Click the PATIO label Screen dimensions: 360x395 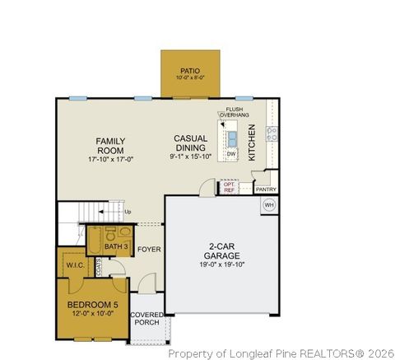[190, 72]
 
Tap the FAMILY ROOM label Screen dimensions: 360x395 [109, 146]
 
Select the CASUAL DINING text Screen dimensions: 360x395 [190, 143]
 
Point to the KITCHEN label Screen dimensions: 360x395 [253, 142]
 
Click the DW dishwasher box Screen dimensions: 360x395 [231, 154]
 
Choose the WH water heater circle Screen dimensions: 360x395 [268, 204]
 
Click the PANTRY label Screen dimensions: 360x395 [266, 189]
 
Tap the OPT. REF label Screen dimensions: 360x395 [230, 187]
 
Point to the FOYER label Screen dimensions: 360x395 [149, 248]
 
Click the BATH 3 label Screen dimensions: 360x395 [116, 245]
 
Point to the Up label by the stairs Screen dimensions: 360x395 [127, 212]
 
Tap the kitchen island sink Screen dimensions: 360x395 [232, 137]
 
